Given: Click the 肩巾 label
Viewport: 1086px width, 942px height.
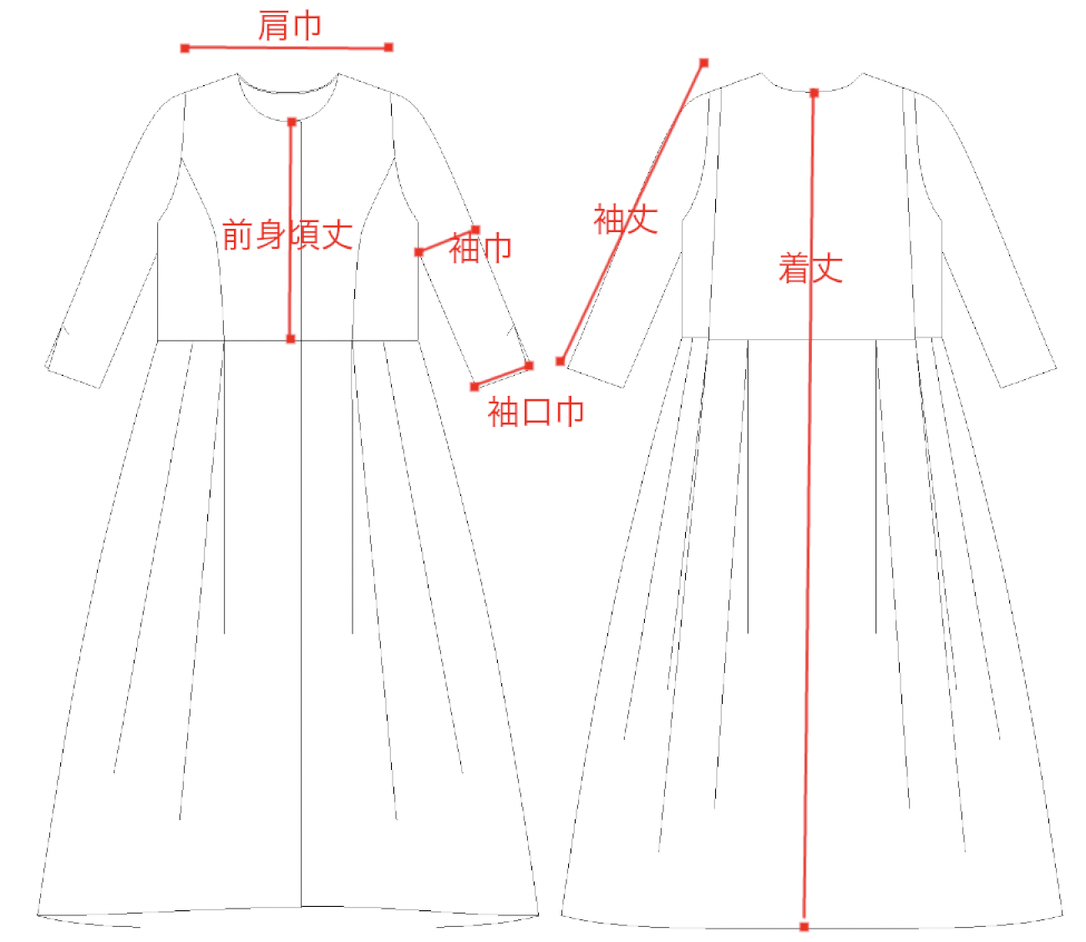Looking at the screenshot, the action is tap(289, 26).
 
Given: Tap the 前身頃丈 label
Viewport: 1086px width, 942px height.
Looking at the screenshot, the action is tap(287, 235).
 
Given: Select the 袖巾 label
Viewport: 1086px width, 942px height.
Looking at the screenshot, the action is tap(480, 248).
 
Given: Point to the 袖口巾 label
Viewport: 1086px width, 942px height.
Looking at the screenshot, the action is tap(535, 412).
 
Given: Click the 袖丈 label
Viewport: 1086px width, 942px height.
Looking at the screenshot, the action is tap(626, 220).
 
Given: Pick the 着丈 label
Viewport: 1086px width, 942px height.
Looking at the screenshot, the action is tap(810, 269).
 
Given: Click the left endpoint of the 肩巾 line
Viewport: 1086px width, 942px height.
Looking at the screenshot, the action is tap(185, 48).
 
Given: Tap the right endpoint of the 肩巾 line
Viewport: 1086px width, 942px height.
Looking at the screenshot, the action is tap(388, 48).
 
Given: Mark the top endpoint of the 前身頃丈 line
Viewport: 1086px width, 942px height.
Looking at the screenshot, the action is tap(292, 122).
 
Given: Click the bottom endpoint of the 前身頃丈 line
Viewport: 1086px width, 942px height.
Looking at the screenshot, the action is tap(291, 339).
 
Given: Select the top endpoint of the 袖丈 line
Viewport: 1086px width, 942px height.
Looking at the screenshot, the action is tap(704, 63).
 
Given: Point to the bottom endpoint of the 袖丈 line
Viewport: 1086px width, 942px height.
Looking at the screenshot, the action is tap(561, 362).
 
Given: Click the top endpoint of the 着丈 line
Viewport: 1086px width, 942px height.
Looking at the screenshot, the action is tap(814, 93).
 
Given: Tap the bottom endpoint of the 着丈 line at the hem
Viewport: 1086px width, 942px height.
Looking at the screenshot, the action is tap(804, 927).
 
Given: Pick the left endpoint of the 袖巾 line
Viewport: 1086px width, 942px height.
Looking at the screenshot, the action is tap(419, 252).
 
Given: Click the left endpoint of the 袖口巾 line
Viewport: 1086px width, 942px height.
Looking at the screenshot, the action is tap(474, 387).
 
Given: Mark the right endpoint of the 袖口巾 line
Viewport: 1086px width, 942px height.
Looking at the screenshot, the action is tap(529, 366).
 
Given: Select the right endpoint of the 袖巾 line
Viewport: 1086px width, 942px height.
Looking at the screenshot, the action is tap(475, 229).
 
